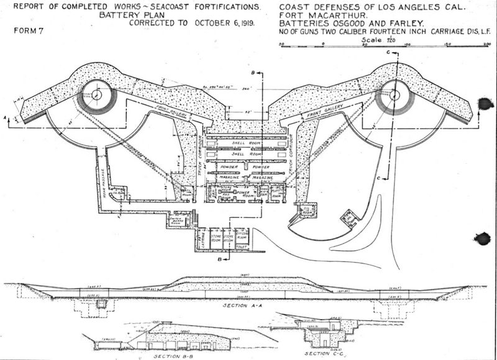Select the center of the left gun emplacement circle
click(x=97, y=95)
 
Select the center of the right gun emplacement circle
click(x=393, y=95)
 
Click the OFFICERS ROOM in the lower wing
click(x=242, y=236)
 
